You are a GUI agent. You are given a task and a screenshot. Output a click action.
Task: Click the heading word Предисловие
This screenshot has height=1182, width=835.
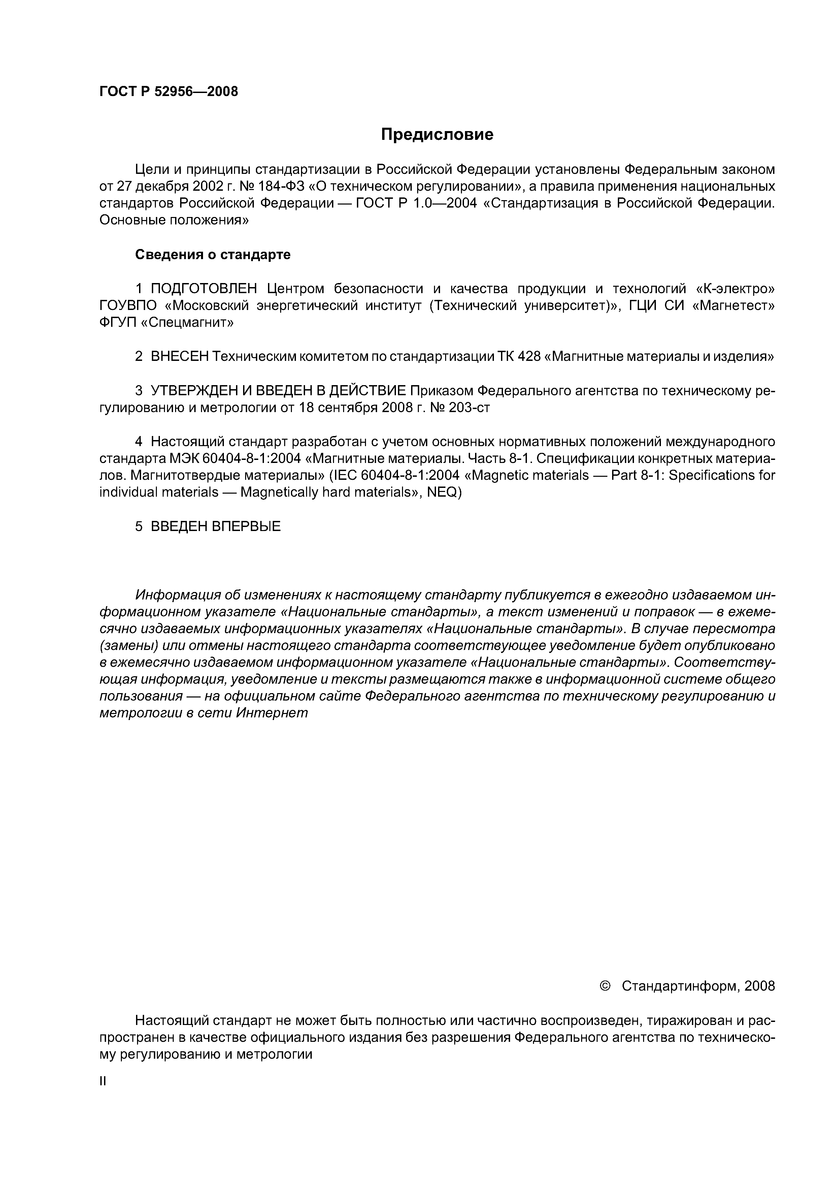pos(437,135)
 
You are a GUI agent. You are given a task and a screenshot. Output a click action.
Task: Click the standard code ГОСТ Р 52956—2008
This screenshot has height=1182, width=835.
pos(169,92)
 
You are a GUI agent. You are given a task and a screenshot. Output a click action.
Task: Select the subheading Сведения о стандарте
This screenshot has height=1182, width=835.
pos(212,255)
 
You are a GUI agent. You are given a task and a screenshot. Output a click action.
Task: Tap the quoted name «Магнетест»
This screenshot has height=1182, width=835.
pos(734,306)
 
